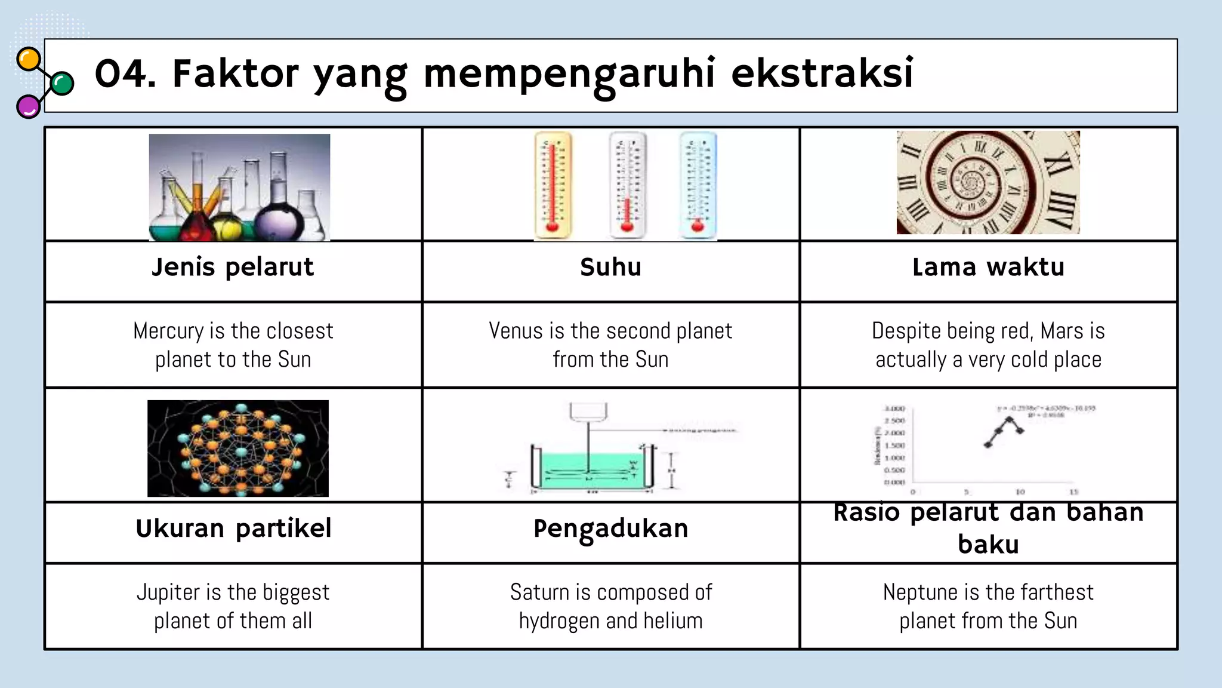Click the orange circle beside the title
pyautogui.click(x=29, y=60)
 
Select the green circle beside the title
pyautogui.click(x=62, y=84)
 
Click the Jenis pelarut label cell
pyautogui.click(x=233, y=268)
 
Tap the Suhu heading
pyautogui.click(x=610, y=268)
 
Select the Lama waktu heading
pyautogui.click(x=988, y=268)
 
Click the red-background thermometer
pyautogui.click(x=553, y=185)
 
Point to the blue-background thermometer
pyautogui.click(x=698, y=185)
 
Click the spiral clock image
pyautogui.click(x=988, y=182)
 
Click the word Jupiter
pyautogui.click(x=169, y=592)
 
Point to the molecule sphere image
pyautogui.click(x=238, y=449)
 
